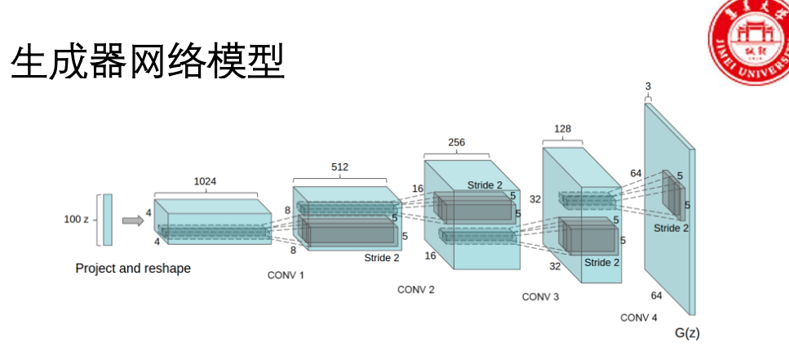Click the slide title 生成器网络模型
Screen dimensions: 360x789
(148, 61)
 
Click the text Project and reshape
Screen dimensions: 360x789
(133, 268)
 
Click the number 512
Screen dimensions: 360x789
(339, 167)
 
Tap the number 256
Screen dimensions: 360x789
(457, 142)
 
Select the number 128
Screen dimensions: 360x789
(562, 129)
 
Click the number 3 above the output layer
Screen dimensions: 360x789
(648, 86)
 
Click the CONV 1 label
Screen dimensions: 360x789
(286, 275)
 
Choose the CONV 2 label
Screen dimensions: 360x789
(416, 290)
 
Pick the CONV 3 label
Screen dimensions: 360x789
(541, 297)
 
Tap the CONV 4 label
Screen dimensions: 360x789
(639, 317)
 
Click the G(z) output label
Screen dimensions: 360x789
(687, 333)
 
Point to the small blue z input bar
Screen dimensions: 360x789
(108, 219)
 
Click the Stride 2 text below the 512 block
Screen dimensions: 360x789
(382, 258)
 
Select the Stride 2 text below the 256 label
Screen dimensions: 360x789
(485, 185)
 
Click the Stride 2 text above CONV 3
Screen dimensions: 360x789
(602, 262)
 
